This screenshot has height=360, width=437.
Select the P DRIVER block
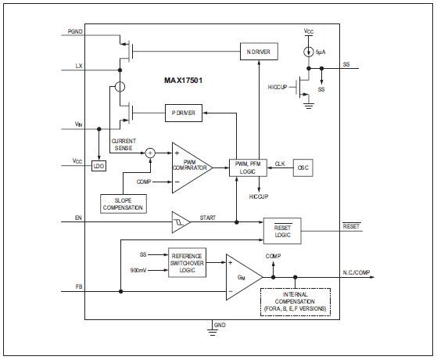click(184, 113)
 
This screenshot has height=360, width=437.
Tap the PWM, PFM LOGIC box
click(247, 167)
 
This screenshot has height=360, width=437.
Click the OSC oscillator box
click(303, 167)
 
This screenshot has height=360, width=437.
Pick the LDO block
click(99, 167)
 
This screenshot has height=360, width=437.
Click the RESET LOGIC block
click(282, 230)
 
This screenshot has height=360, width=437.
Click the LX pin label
click(77, 66)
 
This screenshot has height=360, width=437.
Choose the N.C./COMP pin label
click(360, 272)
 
